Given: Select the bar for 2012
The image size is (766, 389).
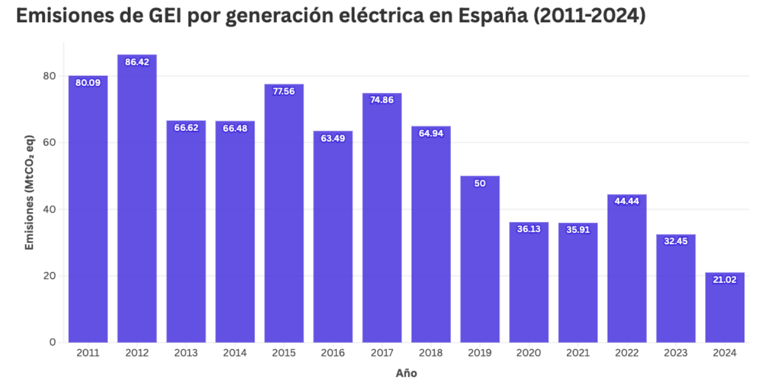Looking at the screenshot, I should tap(137, 199).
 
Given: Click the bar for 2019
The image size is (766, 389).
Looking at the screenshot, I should tap(480, 259).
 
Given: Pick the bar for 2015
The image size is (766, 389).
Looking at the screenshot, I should tap(284, 213).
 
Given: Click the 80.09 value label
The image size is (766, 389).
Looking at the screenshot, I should tap(88, 83).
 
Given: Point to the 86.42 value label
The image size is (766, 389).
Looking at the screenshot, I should tap(137, 62).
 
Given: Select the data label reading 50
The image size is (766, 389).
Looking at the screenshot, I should tap(480, 183).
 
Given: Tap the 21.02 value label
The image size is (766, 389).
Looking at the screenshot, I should tap(725, 280).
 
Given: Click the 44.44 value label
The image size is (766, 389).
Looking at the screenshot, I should tap(626, 202).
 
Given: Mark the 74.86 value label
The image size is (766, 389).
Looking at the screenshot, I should tap(382, 100).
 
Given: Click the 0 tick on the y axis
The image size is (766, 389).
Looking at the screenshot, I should tap(52, 342).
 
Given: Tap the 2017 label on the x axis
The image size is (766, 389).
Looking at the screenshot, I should tap(382, 353).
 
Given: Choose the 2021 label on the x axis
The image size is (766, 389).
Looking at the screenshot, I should tap(577, 353).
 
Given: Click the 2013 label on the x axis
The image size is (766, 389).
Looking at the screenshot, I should tap(186, 353).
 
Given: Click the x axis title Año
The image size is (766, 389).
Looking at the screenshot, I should tap(406, 373).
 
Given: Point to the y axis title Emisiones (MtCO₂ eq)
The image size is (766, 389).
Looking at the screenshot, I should tap(29, 193).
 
